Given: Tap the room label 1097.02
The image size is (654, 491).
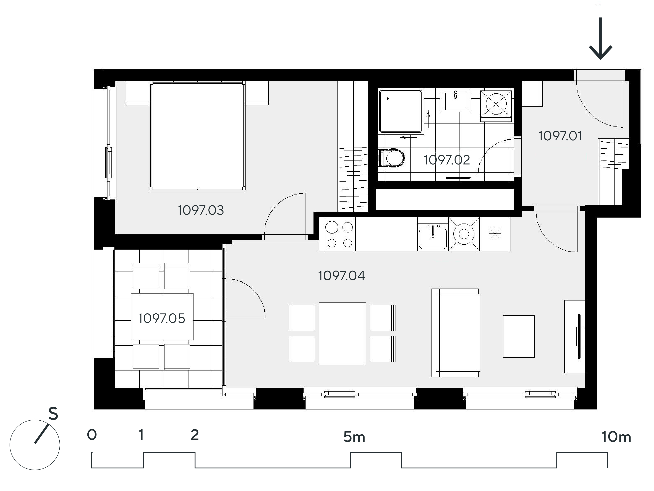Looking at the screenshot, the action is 447,160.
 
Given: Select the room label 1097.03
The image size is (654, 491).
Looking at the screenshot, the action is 201,210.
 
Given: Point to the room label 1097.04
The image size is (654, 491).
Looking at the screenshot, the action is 342,276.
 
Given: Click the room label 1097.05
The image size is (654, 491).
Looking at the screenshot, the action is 162,318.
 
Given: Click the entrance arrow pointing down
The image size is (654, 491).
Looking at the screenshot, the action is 601,38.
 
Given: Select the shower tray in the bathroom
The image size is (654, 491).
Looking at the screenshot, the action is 401,111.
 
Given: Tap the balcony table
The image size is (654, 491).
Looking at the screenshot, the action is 162,317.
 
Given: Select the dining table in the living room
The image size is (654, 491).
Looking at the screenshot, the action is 342,333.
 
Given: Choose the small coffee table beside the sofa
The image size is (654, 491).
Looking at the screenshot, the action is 519,336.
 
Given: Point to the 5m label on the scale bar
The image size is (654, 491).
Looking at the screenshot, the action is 354,437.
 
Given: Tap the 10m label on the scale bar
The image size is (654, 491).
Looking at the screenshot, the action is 616,437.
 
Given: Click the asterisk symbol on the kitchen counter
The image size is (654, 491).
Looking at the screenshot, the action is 495,234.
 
